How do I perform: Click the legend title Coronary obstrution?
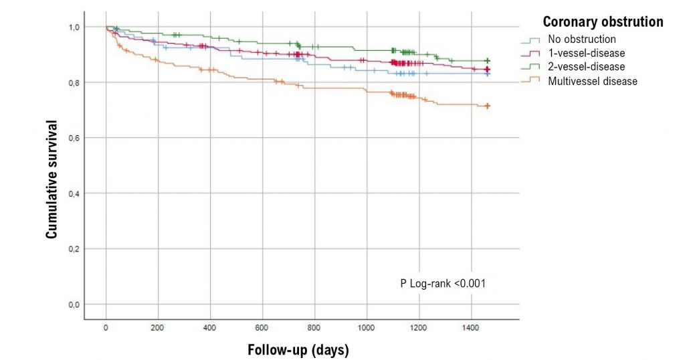point(603,22)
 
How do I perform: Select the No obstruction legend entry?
point(581,39)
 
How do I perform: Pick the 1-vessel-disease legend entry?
point(586,53)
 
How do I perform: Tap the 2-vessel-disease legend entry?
point(586,67)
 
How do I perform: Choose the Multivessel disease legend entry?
point(592,81)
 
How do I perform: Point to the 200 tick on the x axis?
point(158,329)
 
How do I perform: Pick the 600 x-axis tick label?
point(262,329)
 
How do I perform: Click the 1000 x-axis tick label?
point(367,329)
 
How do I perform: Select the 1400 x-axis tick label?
point(471,329)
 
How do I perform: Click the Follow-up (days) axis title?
point(298,350)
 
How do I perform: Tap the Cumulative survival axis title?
point(51,179)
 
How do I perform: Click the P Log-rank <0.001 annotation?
point(442,284)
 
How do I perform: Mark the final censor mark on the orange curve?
point(488,106)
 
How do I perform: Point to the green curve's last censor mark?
point(488,61)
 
